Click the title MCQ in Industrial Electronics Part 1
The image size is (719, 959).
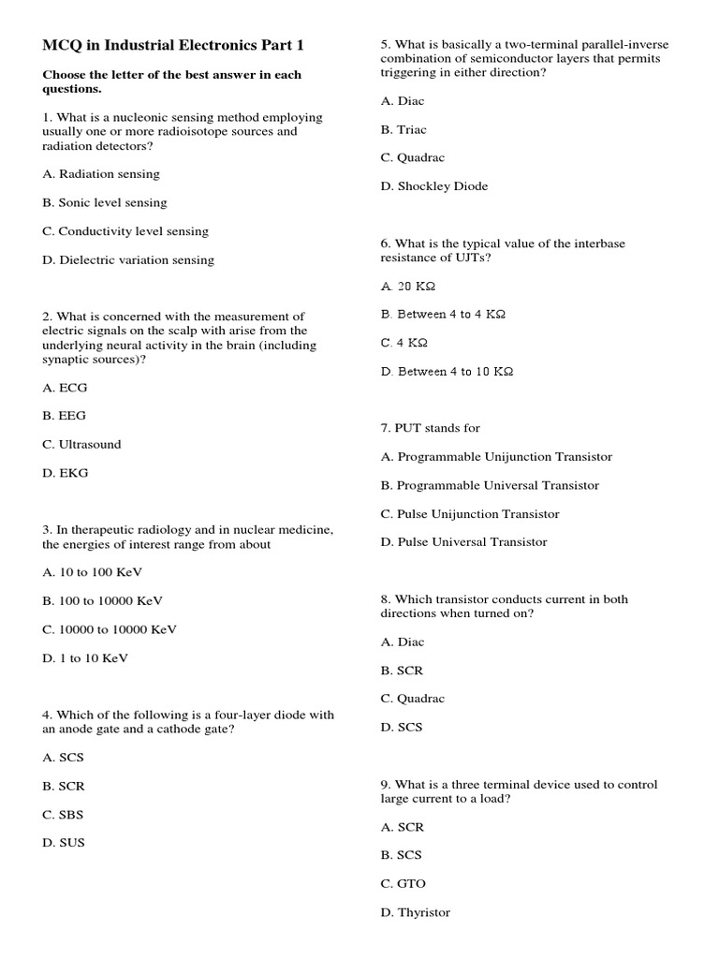[173, 45]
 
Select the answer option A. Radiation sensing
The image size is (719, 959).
[101, 174]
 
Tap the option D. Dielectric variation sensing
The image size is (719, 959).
[128, 260]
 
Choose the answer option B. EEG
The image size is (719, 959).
[65, 416]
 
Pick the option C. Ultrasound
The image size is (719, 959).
[82, 445]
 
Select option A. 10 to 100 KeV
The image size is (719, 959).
[93, 572]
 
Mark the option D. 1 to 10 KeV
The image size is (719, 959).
[85, 658]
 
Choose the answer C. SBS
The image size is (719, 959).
[64, 815]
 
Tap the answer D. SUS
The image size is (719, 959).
[64, 843]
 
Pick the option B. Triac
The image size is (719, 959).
[404, 130]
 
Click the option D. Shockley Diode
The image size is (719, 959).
[434, 186]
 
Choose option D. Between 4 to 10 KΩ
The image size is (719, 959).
[448, 372]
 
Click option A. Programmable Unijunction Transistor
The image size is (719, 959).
[496, 457]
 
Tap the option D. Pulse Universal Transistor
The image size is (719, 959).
[464, 542]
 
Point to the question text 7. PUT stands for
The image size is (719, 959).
[431, 428]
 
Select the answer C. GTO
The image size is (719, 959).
[404, 884]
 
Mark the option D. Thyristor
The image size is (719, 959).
[416, 912]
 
